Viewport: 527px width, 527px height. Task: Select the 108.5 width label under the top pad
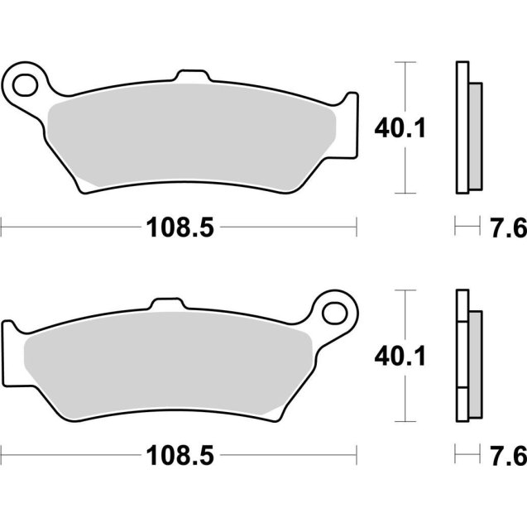click(180, 226)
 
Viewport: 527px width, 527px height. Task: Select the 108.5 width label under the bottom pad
click(180, 454)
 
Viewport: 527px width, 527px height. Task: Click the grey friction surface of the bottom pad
click(165, 364)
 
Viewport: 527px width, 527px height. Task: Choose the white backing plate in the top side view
click(462, 128)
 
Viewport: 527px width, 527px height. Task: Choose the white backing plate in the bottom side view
click(462, 356)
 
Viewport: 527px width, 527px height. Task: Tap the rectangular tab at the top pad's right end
click(352, 124)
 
